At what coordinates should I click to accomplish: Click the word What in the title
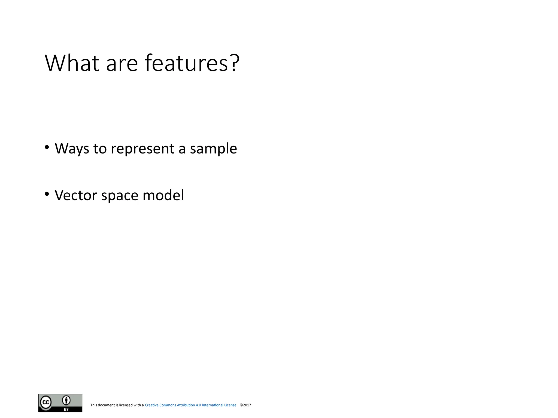(72, 63)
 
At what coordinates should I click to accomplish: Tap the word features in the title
(186, 63)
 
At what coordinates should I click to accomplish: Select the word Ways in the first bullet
(72, 149)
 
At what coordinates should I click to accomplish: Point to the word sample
(213, 149)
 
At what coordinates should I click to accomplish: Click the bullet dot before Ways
(47, 147)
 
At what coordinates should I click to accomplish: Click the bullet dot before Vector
(47, 194)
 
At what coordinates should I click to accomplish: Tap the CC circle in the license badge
(46, 402)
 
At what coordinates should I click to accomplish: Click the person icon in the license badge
(66, 400)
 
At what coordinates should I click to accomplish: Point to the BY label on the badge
(66, 409)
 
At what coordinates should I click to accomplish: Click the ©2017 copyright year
(245, 405)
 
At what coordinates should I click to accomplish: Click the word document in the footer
(106, 405)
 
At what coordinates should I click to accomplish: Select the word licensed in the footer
(126, 405)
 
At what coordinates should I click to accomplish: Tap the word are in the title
(122, 63)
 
